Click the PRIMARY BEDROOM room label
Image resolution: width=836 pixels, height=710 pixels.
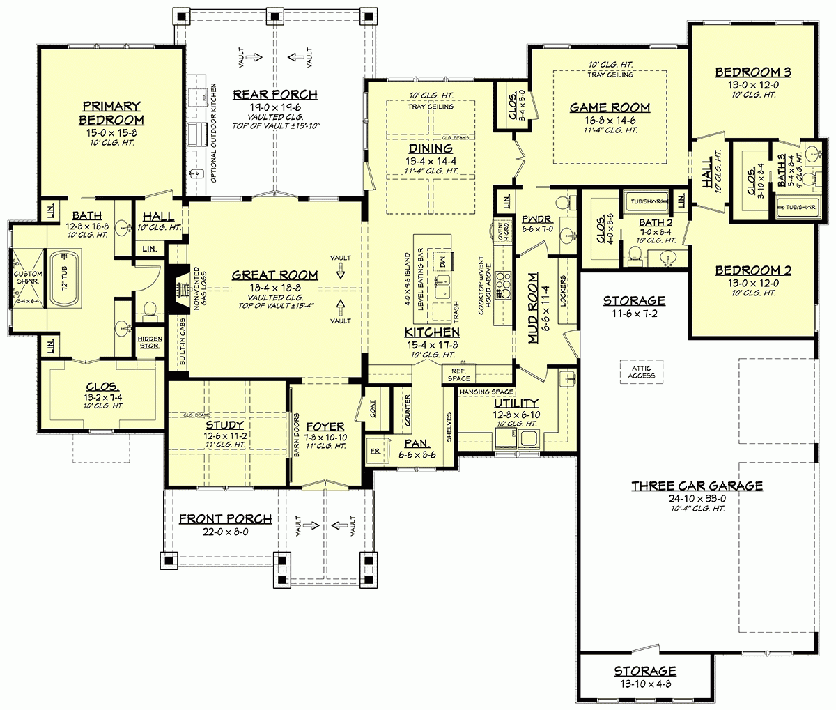coord(111,112)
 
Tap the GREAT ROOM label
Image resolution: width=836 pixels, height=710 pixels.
coord(274,275)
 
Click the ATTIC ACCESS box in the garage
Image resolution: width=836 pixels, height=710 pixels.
coord(641,371)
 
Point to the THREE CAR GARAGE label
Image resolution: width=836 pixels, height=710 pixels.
coord(697,486)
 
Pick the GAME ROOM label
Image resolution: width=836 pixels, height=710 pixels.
coord(610,107)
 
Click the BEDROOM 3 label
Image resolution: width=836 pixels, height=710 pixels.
coord(752,72)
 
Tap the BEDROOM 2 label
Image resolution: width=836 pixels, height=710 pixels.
coord(752,270)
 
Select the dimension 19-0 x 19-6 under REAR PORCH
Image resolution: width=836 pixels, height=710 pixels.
coord(274,108)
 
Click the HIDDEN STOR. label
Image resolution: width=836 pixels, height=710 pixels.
coord(149,341)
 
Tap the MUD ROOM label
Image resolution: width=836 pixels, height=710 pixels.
coord(533,307)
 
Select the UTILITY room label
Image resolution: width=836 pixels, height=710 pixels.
coord(516,403)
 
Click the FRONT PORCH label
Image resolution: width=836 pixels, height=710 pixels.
coord(225,519)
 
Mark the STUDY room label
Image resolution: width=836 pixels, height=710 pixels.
coord(224,425)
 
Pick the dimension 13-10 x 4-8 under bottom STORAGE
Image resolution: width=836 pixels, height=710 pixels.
coord(644,684)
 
